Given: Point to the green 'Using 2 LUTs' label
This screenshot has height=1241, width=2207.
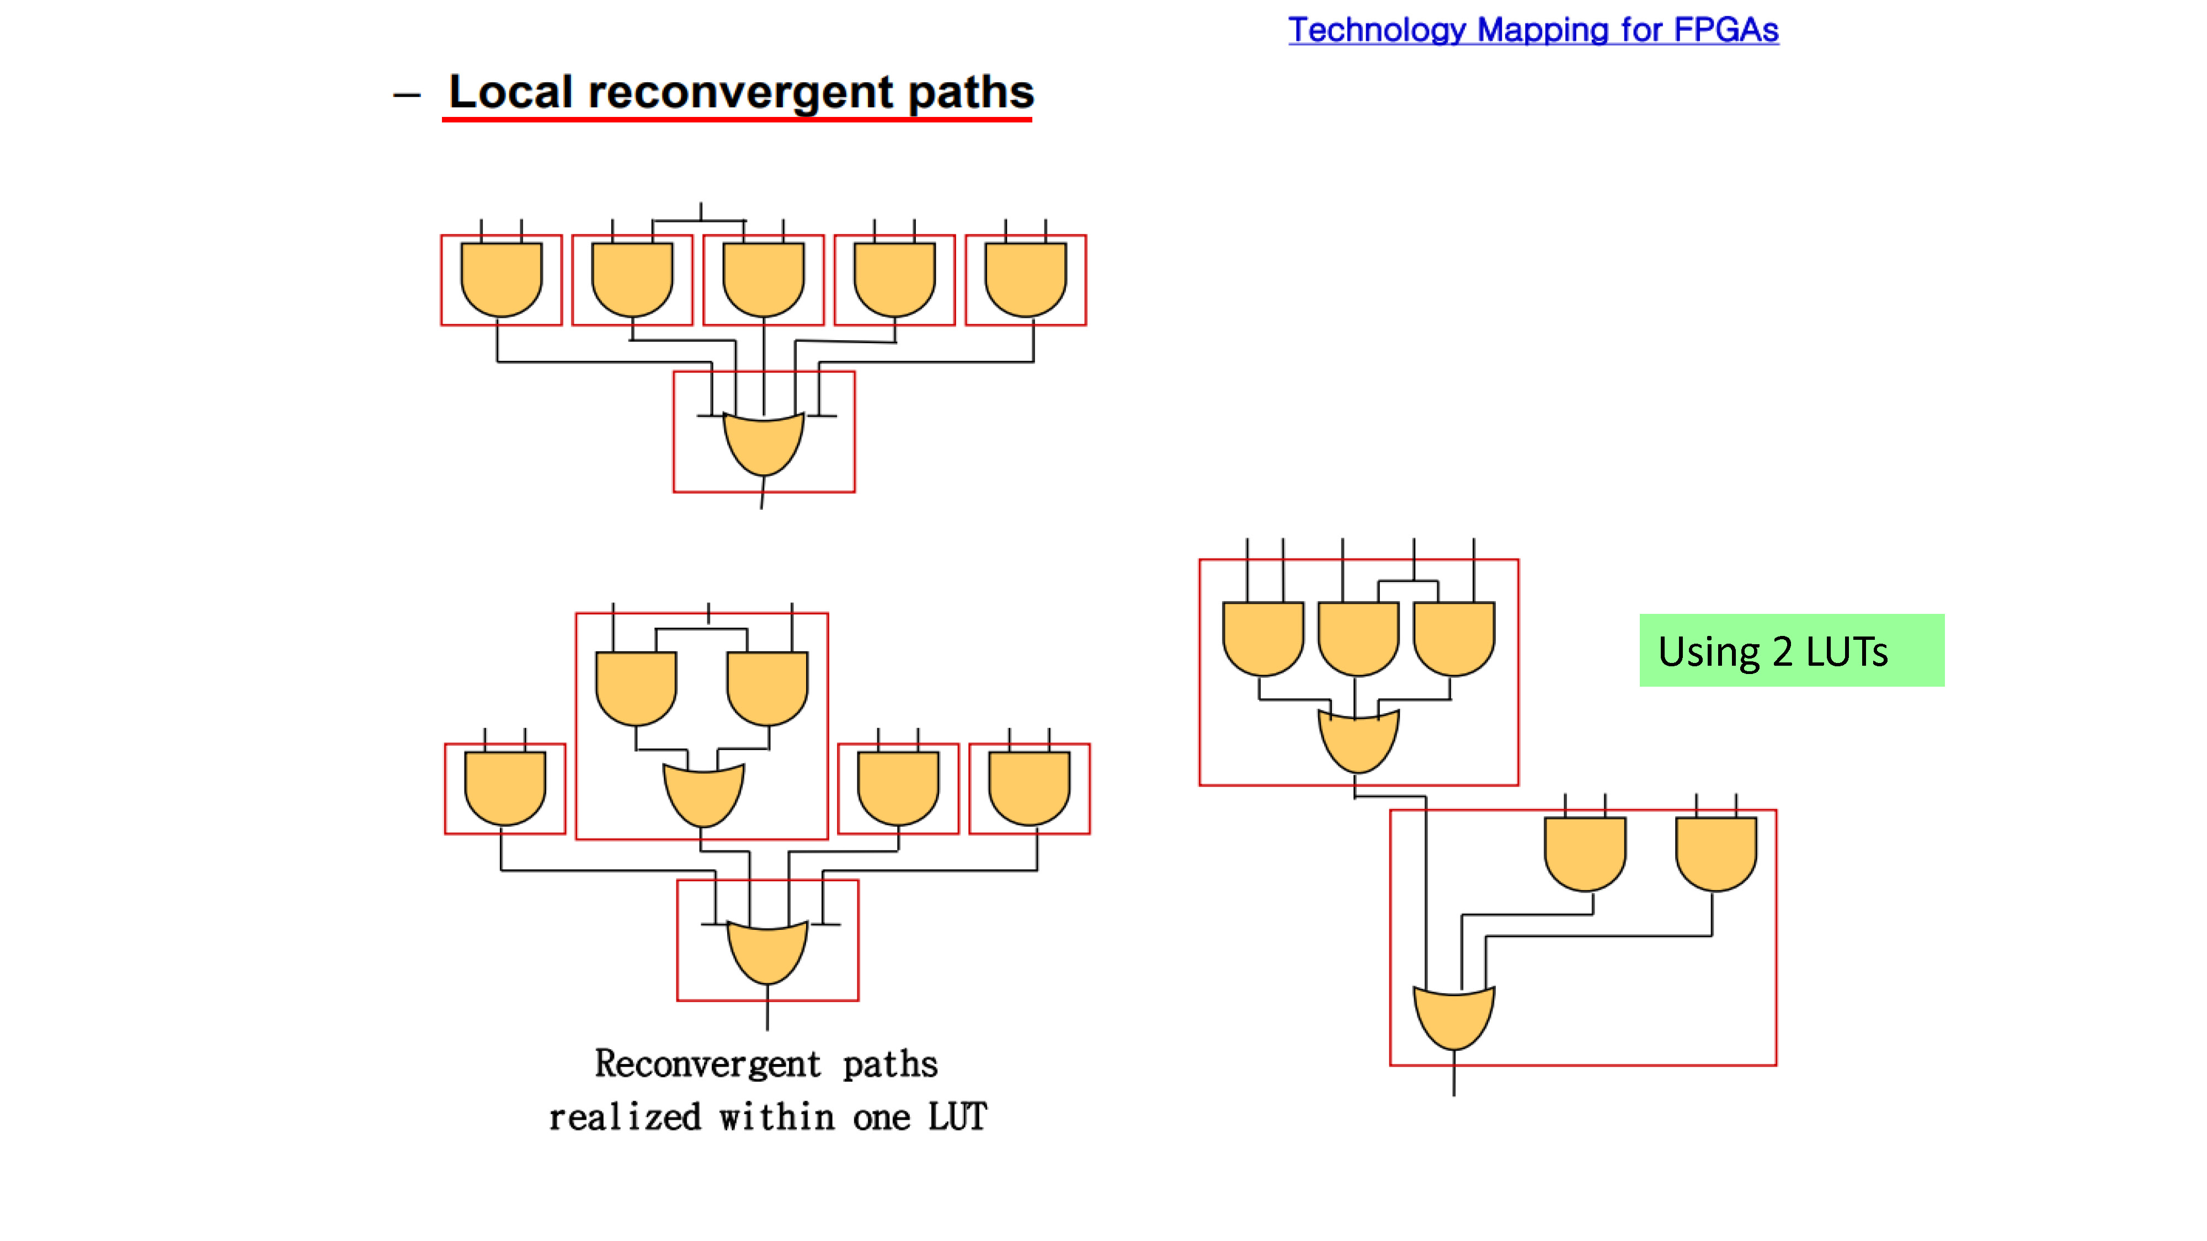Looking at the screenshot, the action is [x=1792, y=650].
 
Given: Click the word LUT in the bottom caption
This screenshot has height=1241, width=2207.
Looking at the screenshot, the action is [x=958, y=1117].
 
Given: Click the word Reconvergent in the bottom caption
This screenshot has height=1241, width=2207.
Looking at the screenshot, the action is [x=708, y=1064].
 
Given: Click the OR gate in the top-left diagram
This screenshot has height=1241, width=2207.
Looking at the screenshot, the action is [x=764, y=443].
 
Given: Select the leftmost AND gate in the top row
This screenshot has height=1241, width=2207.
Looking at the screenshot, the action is [x=501, y=279].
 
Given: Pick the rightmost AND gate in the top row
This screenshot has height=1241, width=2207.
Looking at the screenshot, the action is [x=1026, y=279].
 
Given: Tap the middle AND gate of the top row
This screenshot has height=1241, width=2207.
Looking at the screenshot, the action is [x=764, y=279].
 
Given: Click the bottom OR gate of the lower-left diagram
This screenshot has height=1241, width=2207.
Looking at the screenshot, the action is [x=767, y=953].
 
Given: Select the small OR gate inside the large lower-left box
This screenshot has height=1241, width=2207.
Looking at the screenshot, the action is [x=703, y=795].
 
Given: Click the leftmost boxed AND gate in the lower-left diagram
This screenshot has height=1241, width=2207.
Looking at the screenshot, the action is [x=505, y=788].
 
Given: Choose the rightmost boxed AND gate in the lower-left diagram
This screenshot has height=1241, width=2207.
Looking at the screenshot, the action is [x=1029, y=788].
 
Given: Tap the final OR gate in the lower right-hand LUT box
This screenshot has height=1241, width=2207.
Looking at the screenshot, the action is [x=1454, y=1018].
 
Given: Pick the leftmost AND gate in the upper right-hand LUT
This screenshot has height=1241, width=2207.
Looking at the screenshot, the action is [x=1263, y=639].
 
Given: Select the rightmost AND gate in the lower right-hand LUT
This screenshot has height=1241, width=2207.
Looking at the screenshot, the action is [x=1716, y=854].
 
